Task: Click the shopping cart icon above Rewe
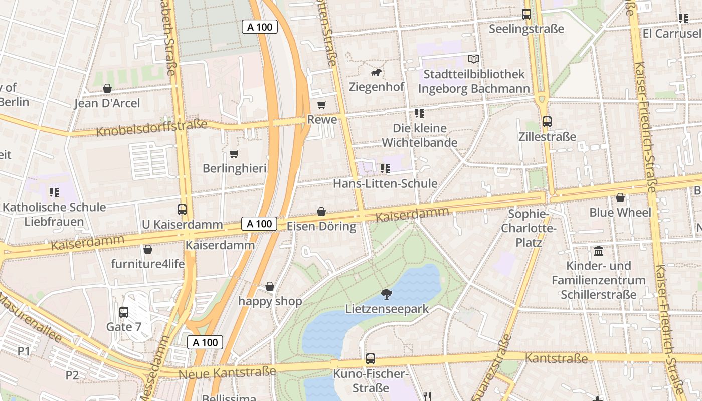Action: pos(321,105)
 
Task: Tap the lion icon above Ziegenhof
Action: pos(376,73)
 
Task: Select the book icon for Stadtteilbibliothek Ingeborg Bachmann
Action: pos(473,59)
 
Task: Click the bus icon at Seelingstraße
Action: pos(526,14)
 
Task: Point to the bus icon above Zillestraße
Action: pos(547,122)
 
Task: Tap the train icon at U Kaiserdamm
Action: pos(182,210)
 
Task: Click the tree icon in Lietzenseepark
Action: pos(386,294)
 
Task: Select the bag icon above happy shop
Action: pos(270,286)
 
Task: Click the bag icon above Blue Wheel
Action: pos(620,197)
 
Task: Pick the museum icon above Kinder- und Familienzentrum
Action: pos(598,251)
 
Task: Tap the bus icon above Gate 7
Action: pos(124,312)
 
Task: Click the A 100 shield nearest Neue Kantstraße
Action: pos(205,342)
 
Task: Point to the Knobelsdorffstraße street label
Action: pos(151,128)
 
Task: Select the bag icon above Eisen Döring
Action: pos(321,212)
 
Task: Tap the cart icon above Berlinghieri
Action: pos(234,154)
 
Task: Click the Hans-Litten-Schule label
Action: pos(385,183)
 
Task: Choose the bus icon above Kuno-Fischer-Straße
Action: pos(371,359)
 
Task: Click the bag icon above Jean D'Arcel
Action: pos(107,89)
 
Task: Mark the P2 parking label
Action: pos(72,375)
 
